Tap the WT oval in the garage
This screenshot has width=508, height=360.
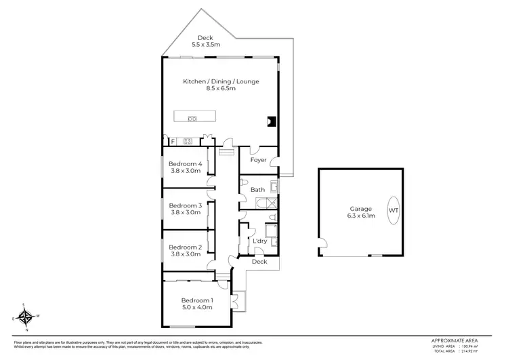[x=394, y=210]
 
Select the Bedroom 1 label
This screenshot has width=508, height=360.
[x=196, y=300]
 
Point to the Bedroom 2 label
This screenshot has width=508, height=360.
[x=186, y=247]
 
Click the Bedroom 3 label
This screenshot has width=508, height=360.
[x=186, y=205]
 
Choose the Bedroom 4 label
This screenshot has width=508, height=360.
[x=186, y=164]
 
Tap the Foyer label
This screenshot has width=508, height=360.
[x=258, y=161]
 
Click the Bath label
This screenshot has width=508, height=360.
[x=257, y=190]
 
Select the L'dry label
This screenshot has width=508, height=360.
[x=259, y=241]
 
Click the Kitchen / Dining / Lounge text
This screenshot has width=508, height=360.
[x=221, y=81]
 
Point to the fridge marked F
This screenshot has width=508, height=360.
[x=173, y=141]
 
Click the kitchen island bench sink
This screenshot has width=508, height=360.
[x=192, y=119]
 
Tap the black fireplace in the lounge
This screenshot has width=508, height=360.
[x=271, y=122]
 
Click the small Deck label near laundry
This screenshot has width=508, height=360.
[x=259, y=262]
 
